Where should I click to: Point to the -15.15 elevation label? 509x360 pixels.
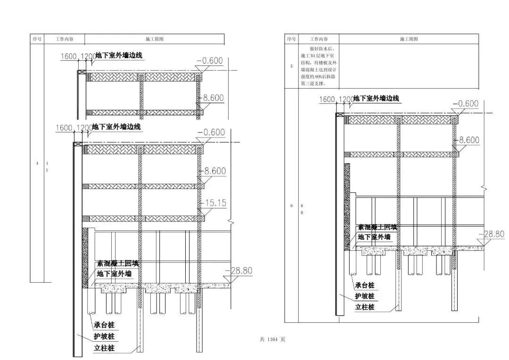215,203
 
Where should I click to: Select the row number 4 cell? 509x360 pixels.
37,163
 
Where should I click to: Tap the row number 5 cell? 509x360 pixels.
291,66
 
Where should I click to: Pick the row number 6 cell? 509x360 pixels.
291,205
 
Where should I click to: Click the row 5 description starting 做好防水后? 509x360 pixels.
316,66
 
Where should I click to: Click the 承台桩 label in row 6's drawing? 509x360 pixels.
365,286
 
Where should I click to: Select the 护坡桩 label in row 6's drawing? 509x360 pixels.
365,296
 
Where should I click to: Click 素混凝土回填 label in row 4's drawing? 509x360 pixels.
118,264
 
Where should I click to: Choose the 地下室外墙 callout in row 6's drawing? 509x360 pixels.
374,237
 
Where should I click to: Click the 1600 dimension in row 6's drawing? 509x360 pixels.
329,99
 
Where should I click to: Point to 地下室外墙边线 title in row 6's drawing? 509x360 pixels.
376,98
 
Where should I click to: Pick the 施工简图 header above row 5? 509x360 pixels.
409,39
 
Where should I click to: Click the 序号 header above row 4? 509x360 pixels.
37,39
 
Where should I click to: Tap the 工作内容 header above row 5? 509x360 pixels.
318,39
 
